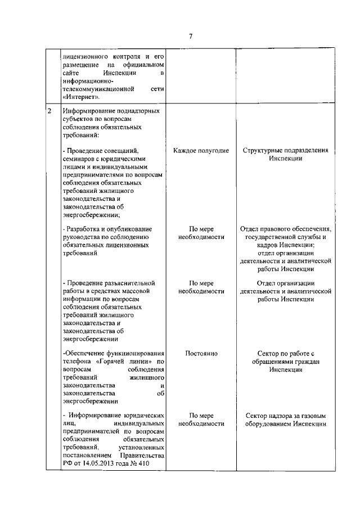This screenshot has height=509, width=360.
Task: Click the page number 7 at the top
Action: click(191, 37)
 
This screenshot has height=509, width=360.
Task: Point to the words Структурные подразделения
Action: click(286, 151)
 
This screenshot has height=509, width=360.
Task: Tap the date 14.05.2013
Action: click(100, 463)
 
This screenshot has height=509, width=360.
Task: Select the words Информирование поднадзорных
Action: click(111, 111)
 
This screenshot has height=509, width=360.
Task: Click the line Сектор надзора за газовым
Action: click(286, 416)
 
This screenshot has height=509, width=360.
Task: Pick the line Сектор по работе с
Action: click(286, 353)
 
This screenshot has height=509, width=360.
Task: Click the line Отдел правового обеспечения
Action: click(286, 229)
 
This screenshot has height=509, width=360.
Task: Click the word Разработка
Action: click(85, 229)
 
